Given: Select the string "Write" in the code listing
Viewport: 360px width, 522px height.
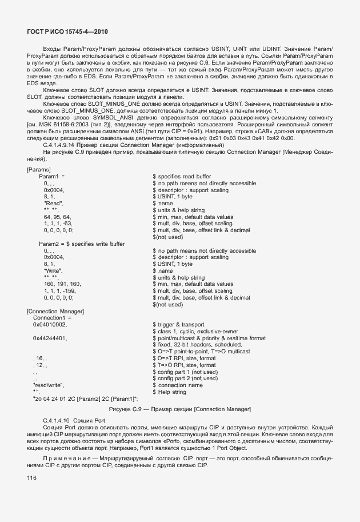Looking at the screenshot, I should click(x=53, y=271).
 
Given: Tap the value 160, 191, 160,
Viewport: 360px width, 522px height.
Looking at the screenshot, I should click(x=62, y=284).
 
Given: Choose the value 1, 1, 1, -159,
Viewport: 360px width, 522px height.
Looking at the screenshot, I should click(x=62, y=291).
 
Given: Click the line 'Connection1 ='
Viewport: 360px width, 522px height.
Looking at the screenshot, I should click(x=52, y=317).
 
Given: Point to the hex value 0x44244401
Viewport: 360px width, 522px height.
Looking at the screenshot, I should click(x=49, y=338).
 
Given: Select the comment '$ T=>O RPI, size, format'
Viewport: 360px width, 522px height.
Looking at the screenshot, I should click(x=184, y=365).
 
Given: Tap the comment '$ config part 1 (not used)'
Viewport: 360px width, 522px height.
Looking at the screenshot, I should click(x=185, y=372).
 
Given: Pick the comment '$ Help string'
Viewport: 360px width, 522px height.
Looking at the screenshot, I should click(x=170, y=392).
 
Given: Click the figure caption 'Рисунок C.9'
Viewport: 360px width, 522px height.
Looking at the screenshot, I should click(x=125, y=409).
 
